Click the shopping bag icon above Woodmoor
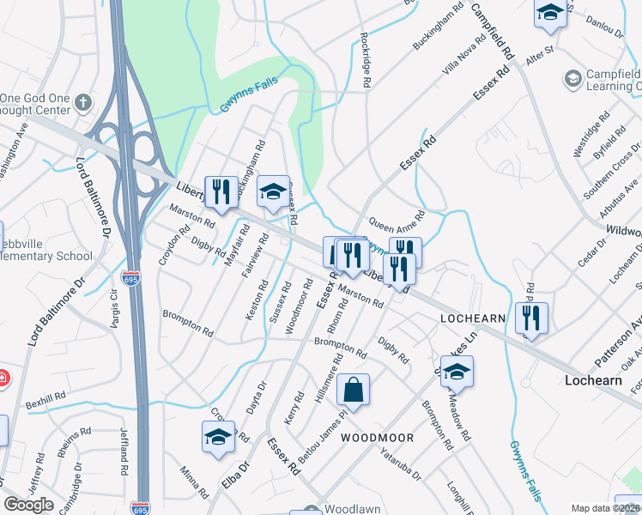click(x=353, y=391)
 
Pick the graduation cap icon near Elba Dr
click(x=219, y=437)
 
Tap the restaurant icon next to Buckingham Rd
click(x=222, y=191)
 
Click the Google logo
click(x=28, y=505)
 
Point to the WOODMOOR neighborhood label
click(x=378, y=438)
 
